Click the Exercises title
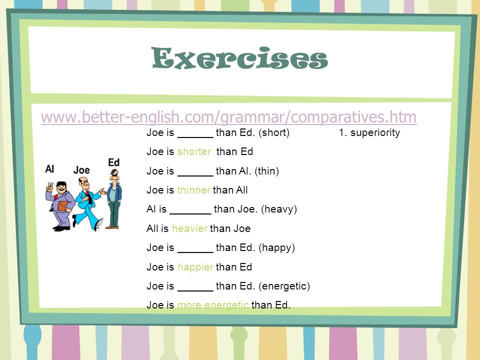pos(240,59)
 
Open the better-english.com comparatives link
pos(228,117)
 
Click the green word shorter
pos(194,151)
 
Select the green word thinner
pos(194,190)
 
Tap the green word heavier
pos(189,228)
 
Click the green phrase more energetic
pos(212,305)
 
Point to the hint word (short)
pos(274,133)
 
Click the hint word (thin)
pos(266,171)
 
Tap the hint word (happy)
pos(276,247)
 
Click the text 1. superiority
pos(369,133)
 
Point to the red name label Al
pos(49,169)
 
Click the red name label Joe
pos(81,170)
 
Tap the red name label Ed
pos(114,162)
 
